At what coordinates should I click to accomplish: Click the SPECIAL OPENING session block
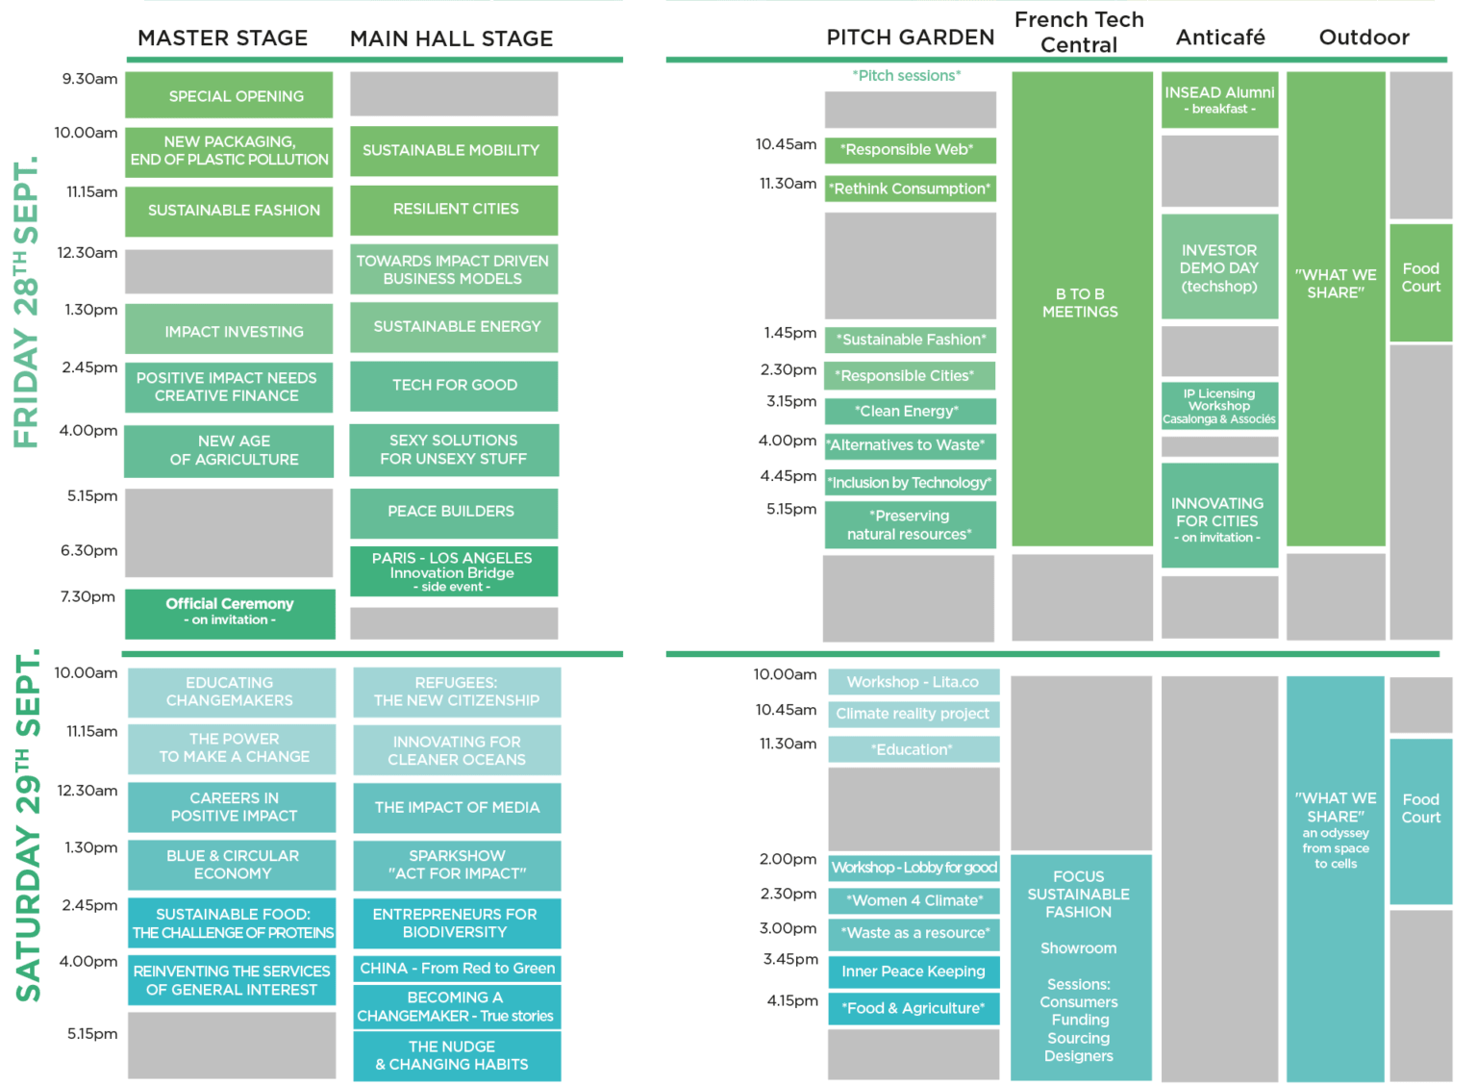[x=229, y=95]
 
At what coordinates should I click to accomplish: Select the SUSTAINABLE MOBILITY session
[x=454, y=151]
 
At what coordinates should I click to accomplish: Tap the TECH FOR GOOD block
[x=454, y=386]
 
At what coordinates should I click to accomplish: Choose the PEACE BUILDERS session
[x=454, y=513]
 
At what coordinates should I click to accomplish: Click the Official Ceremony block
[x=230, y=614]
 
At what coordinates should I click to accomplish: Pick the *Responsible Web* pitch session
[x=910, y=150]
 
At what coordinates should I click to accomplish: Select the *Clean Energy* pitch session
[x=910, y=411]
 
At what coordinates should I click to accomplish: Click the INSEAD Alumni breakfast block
[x=1219, y=100]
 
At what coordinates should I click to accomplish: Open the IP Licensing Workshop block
[x=1219, y=406]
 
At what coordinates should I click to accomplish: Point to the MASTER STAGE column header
[x=223, y=38]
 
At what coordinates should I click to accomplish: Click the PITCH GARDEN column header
[x=911, y=37]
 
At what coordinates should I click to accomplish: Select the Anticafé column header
[x=1220, y=37]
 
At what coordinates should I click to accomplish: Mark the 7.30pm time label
[x=88, y=596]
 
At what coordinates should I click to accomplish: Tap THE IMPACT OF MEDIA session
[x=457, y=807]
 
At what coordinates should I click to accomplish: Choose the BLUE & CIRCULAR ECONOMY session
[x=232, y=864]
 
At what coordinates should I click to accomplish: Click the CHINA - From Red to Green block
[x=457, y=968]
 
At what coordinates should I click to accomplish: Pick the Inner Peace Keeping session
[x=914, y=971]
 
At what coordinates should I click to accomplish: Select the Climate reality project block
[x=914, y=714]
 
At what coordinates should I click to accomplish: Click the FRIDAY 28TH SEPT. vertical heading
[x=26, y=303]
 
